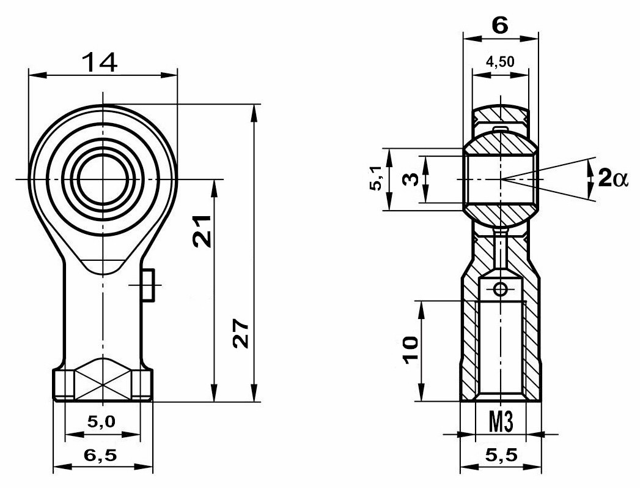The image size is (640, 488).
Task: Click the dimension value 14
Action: pos(100,62)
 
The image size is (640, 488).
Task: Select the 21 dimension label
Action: pos(202,231)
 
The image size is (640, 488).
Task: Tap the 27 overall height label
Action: pos(241,334)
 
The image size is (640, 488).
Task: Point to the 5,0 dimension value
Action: pos(101,421)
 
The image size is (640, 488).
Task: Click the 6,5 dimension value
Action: pos(100,455)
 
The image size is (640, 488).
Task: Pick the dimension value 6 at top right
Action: pos(500,26)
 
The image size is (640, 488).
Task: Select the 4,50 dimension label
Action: pos(500,62)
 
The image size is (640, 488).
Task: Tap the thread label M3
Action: pos(501,422)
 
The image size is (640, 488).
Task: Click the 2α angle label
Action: pos(614,179)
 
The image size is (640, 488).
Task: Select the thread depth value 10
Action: pos(411,350)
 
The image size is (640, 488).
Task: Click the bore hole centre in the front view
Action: pos(103,179)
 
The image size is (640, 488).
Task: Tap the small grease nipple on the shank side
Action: pos(148,285)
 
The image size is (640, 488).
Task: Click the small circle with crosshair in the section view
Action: pos(500,290)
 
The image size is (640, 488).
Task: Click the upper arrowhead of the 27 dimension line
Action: pos(254,113)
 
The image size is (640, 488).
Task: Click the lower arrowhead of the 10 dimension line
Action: pos(422,392)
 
